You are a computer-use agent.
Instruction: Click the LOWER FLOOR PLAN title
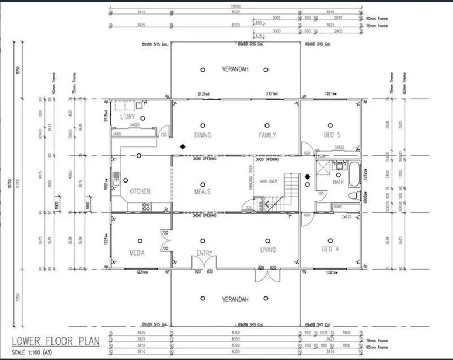pos(55,341)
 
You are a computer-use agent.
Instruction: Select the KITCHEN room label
pos(140,191)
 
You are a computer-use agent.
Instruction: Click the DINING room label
pos(202,135)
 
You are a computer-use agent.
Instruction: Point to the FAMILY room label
pos(267,135)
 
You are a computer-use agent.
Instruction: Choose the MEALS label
pos(202,191)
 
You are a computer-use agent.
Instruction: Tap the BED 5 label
pos(331,135)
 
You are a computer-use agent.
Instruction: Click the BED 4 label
pos(330,250)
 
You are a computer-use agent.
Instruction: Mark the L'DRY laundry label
pos(128,117)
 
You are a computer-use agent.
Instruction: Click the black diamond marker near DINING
pos(183,146)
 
